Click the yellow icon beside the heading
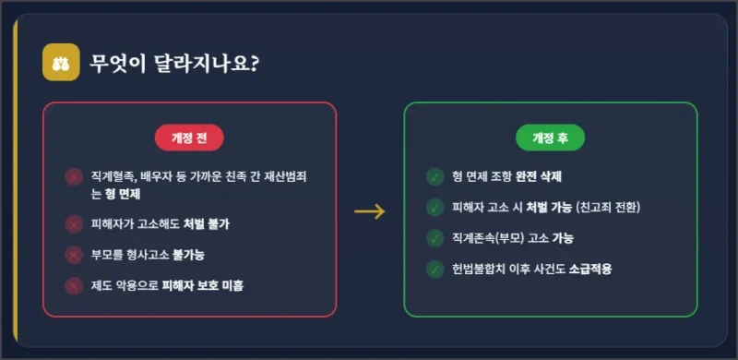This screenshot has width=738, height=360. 61,64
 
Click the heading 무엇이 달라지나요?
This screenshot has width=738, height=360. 174,65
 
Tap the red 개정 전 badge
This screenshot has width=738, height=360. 189,138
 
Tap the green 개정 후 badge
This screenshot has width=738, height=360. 550,138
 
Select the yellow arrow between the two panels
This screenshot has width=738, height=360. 369,211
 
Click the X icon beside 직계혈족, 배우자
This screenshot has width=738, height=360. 73,177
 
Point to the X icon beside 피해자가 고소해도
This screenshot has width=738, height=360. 73,223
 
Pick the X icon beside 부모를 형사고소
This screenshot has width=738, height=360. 73,255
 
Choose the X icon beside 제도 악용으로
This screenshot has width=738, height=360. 73,286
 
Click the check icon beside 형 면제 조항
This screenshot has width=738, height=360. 434,176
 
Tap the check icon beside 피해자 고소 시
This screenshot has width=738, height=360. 434,208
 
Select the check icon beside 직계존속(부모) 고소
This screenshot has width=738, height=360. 434,238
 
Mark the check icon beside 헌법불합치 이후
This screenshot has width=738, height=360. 434,270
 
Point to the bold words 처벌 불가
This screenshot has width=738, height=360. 206,224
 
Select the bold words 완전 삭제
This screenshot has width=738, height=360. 539,176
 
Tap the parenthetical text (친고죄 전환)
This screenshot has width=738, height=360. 608,208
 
